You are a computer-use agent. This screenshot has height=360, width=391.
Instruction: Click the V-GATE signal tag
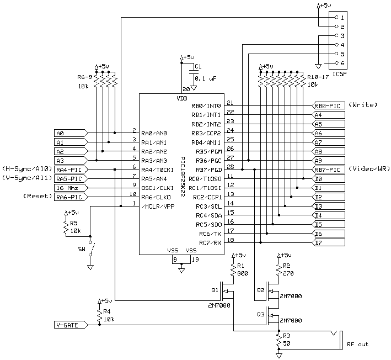click(69, 325)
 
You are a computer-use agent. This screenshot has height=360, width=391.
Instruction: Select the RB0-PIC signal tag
click(329, 105)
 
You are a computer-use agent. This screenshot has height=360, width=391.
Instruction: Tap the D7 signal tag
click(329, 242)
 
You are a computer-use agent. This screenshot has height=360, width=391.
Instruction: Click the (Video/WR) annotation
click(369, 169)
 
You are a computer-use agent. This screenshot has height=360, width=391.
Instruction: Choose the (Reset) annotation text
click(35, 197)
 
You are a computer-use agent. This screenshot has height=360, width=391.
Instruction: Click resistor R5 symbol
click(67, 227)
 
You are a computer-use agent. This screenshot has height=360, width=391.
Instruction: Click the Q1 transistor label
click(216, 290)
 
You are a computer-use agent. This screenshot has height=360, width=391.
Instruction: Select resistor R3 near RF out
click(278, 341)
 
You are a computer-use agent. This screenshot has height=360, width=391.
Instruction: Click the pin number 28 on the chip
click(230, 166)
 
